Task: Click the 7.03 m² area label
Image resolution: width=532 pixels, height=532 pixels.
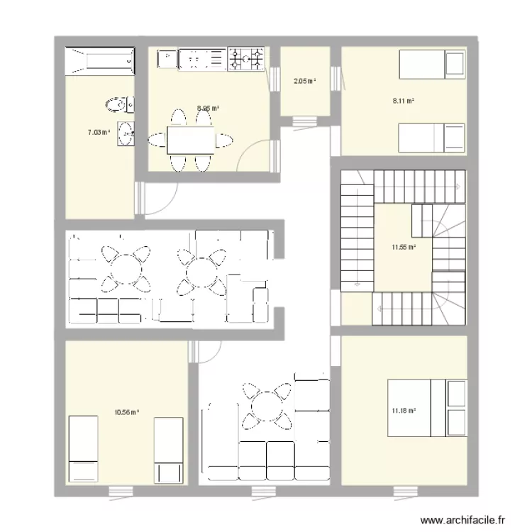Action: (99, 132)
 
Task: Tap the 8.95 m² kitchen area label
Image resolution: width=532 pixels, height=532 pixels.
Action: (208, 109)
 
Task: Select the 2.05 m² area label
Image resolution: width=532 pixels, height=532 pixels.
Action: (304, 81)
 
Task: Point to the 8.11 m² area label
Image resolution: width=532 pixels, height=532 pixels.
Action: (403, 101)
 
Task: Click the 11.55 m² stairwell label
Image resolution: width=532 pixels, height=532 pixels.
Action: (403, 247)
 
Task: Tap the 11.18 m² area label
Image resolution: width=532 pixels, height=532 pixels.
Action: (402, 409)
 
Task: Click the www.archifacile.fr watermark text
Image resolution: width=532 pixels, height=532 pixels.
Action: (465, 519)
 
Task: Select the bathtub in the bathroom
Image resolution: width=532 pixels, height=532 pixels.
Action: (99, 61)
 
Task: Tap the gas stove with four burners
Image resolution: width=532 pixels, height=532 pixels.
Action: (245, 60)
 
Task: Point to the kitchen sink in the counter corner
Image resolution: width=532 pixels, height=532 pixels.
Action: (166, 58)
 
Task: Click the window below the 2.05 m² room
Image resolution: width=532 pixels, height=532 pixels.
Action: (304, 121)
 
